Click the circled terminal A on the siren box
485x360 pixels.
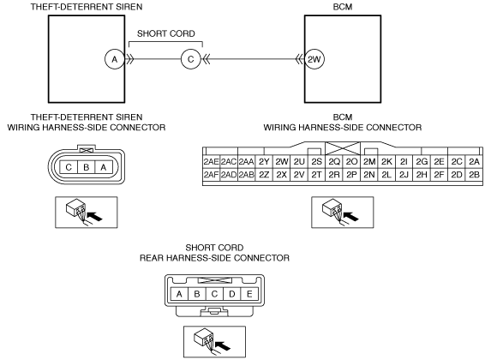[115, 59]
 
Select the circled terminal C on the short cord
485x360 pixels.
[191, 59]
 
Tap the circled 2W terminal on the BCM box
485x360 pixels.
[314, 59]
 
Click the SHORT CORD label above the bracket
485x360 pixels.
[166, 33]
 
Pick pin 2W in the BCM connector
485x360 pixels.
[281, 161]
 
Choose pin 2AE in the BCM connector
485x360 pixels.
[212, 161]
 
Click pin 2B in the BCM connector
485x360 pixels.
[474, 175]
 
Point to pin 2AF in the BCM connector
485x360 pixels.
[212, 175]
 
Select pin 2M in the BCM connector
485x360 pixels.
[369, 161]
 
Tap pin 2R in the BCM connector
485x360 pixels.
[334, 175]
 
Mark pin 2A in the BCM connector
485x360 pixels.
[474, 161]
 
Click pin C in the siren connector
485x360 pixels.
[69, 167]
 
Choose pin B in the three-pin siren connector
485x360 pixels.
[87, 167]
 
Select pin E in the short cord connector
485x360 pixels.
[249, 294]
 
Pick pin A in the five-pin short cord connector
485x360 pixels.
[179, 294]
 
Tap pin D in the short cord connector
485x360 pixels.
[232, 294]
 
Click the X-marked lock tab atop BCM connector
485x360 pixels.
[343, 148]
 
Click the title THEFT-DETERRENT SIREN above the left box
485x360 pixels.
[87, 7]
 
